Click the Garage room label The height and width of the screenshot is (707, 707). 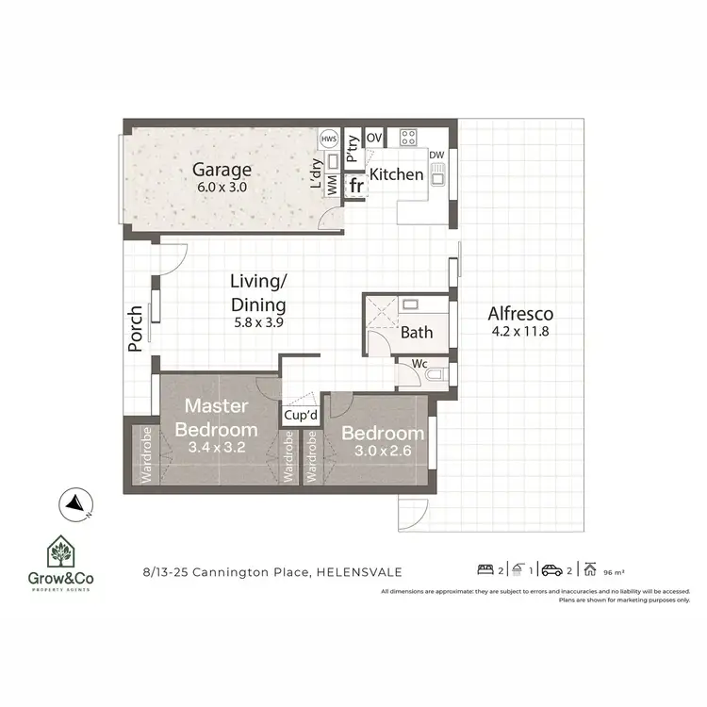click(x=222, y=170)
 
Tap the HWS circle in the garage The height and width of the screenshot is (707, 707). click(x=329, y=139)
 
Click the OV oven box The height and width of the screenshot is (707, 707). click(x=374, y=138)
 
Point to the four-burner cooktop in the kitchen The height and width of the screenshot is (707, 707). click(x=409, y=138)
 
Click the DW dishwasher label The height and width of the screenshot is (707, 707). click(x=436, y=155)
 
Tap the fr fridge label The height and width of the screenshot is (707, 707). click(x=356, y=186)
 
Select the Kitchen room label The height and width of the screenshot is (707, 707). click(x=396, y=174)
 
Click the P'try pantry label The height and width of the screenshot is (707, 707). click(x=352, y=150)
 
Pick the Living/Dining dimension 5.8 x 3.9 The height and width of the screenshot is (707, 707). click(x=258, y=322)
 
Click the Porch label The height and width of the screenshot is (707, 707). click(x=136, y=328)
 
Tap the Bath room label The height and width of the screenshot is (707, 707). click(x=417, y=332)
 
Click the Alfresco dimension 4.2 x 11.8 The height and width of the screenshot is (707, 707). click(x=520, y=332)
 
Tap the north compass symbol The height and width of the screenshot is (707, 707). click(x=73, y=504)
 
